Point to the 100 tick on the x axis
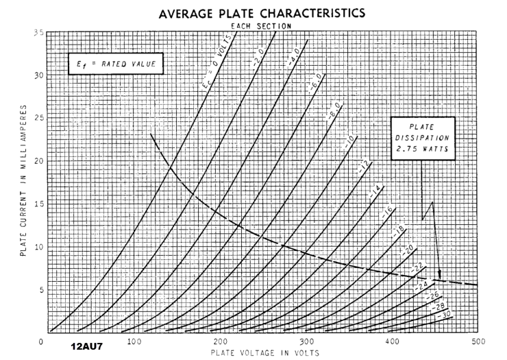pos(134,341)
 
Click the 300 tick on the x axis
pos(306,341)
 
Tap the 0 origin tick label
pos(42,341)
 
